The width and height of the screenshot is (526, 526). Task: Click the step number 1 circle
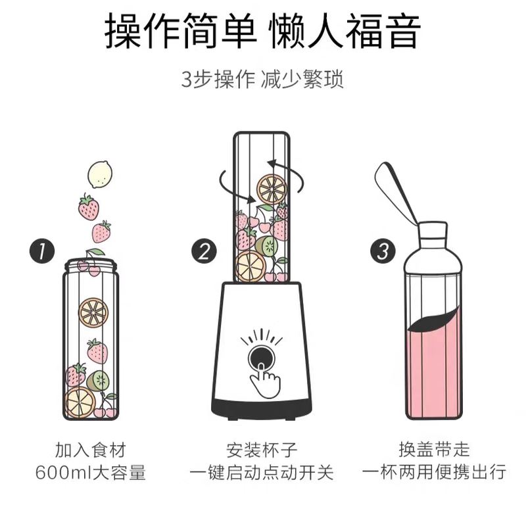pyautogui.click(x=41, y=251)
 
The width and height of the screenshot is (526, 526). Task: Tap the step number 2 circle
pyautogui.click(x=204, y=251)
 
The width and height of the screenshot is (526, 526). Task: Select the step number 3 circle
pyautogui.click(x=383, y=251)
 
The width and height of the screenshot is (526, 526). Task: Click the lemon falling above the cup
pyautogui.click(x=100, y=174)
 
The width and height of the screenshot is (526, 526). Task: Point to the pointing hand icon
pyautogui.click(x=265, y=380)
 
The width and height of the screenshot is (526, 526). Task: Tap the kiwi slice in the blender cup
pyautogui.click(x=267, y=246)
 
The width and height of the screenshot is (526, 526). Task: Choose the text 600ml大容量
pyautogui.click(x=91, y=472)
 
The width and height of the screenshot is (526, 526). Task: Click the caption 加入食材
pyautogui.click(x=91, y=450)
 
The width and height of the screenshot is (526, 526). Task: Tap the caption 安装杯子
pyautogui.click(x=262, y=450)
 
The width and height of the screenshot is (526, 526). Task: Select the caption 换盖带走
pyautogui.click(x=434, y=450)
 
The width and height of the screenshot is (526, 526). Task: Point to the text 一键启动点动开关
pyautogui.click(x=262, y=472)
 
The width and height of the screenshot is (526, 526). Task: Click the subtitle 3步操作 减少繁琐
pyautogui.click(x=262, y=80)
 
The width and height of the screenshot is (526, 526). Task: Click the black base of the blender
pyautogui.click(x=262, y=409)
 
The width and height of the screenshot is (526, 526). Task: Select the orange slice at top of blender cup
pyautogui.click(x=272, y=189)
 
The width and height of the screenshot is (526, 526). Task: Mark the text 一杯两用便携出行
pyautogui.click(x=434, y=472)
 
